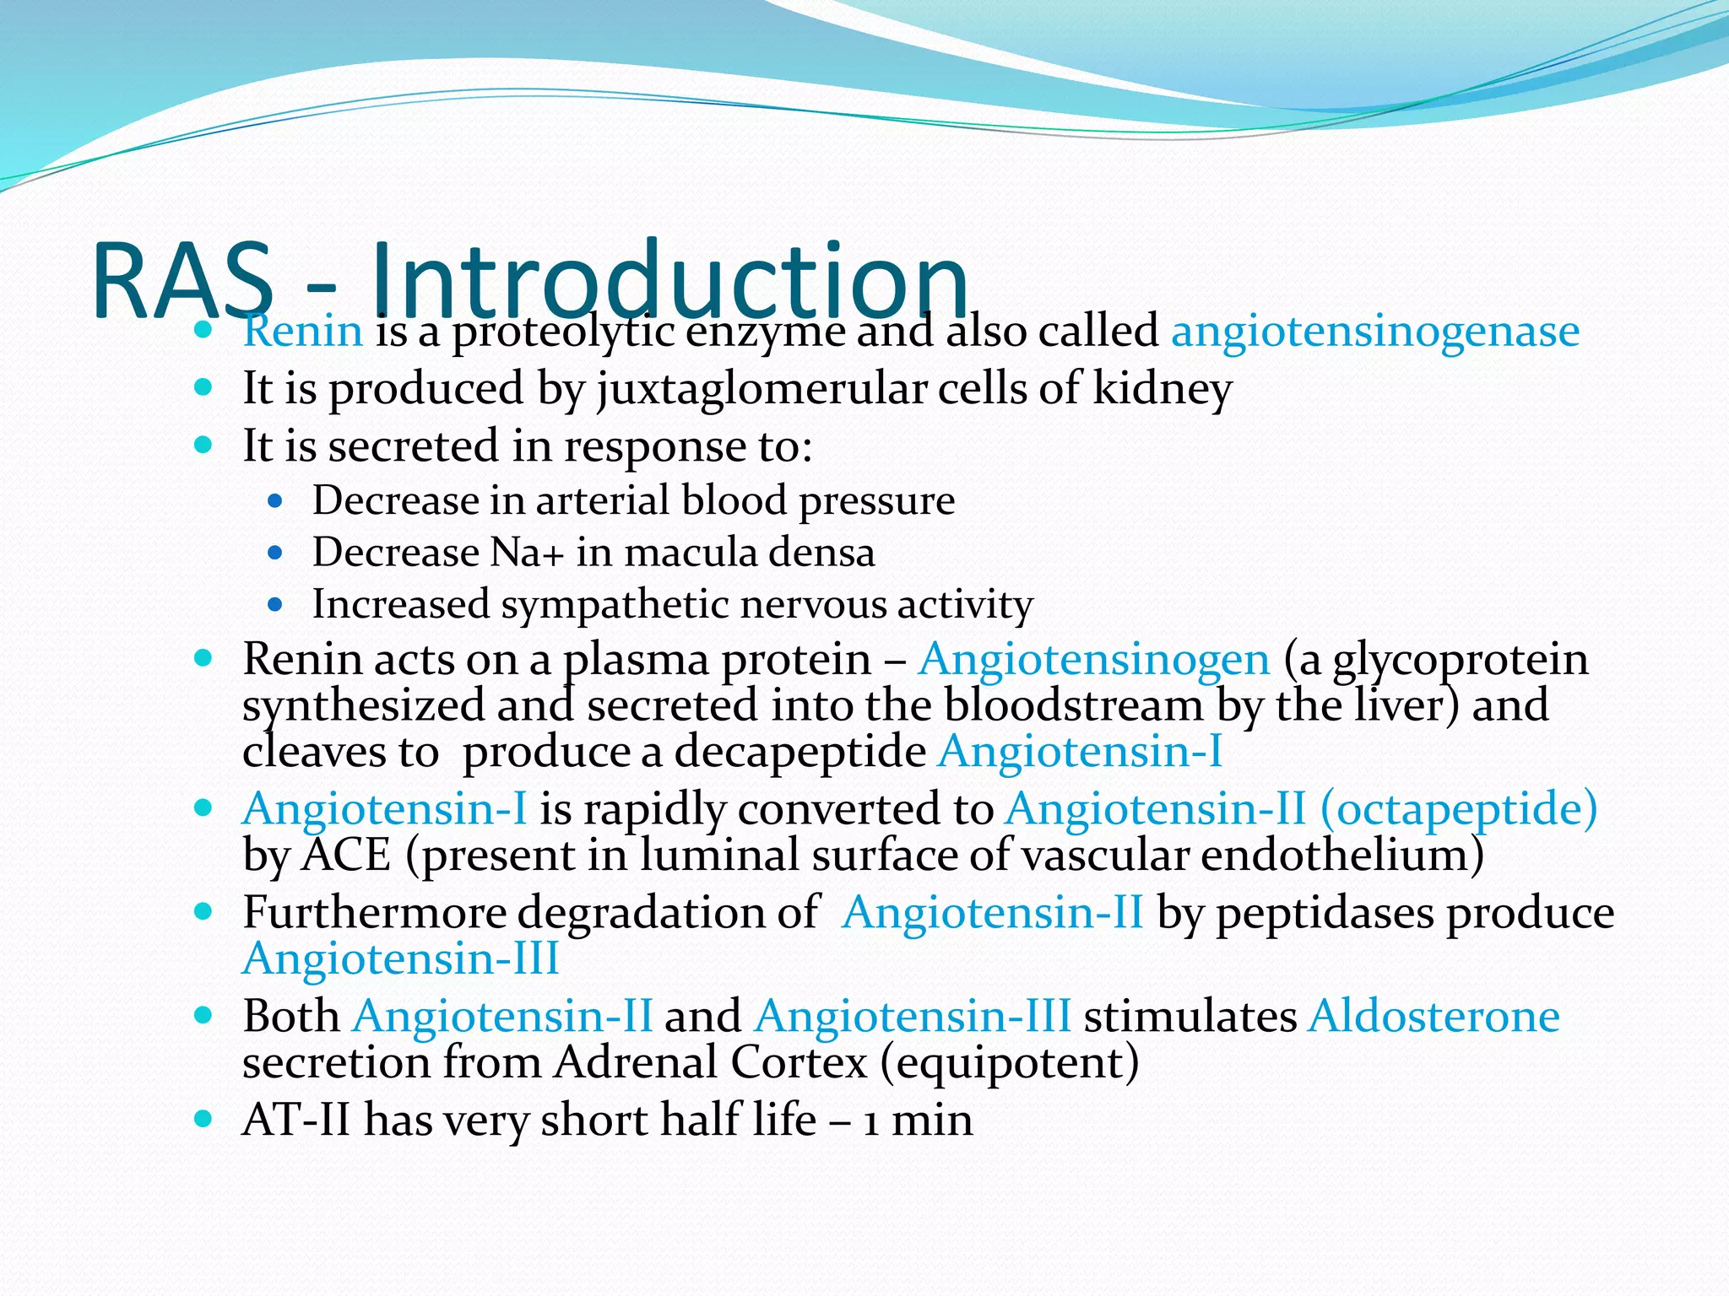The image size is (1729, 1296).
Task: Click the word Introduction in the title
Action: (x=667, y=280)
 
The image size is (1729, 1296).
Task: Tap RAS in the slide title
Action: (x=182, y=282)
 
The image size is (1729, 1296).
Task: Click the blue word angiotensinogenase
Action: (x=1374, y=331)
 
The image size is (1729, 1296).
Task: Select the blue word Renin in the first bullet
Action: (x=302, y=331)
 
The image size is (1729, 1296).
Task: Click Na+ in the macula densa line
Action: (x=526, y=553)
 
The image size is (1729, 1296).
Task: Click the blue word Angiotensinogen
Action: (x=1094, y=659)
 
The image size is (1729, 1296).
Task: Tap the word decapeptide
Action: (x=799, y=751)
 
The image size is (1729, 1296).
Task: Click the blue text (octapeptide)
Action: (x=1458, y=808)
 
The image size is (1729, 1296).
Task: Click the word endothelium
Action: (x=1341, y=856)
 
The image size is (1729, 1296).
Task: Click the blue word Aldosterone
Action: (x=1434, y=1016)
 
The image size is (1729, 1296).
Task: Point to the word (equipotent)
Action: (x=1009, y=1062)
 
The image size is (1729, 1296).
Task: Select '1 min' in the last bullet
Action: (x=918, y=1120)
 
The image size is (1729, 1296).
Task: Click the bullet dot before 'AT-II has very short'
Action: (x=203, y=1120)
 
